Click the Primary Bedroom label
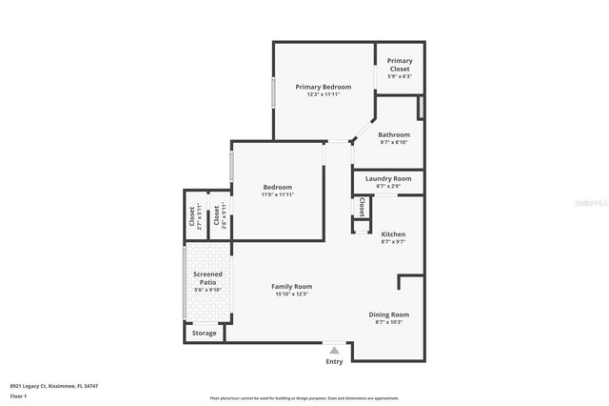[323, 87]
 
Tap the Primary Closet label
[400, 65]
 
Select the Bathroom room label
[393, 134]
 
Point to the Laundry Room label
[387, 178]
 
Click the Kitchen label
[393, 233]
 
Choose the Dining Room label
[388, 315]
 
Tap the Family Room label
[291, 286]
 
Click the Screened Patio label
[207, 278]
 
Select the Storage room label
[204, 333]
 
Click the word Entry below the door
[334, 361]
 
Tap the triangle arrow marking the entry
[334, 351]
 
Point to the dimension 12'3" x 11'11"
[323, 94]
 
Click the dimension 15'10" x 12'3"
[291, 294]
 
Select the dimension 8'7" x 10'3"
[388, 322]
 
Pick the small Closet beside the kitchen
[362, 206]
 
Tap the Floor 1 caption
[19, 396]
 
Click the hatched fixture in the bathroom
[422, 107]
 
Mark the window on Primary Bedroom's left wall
[274, 91]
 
